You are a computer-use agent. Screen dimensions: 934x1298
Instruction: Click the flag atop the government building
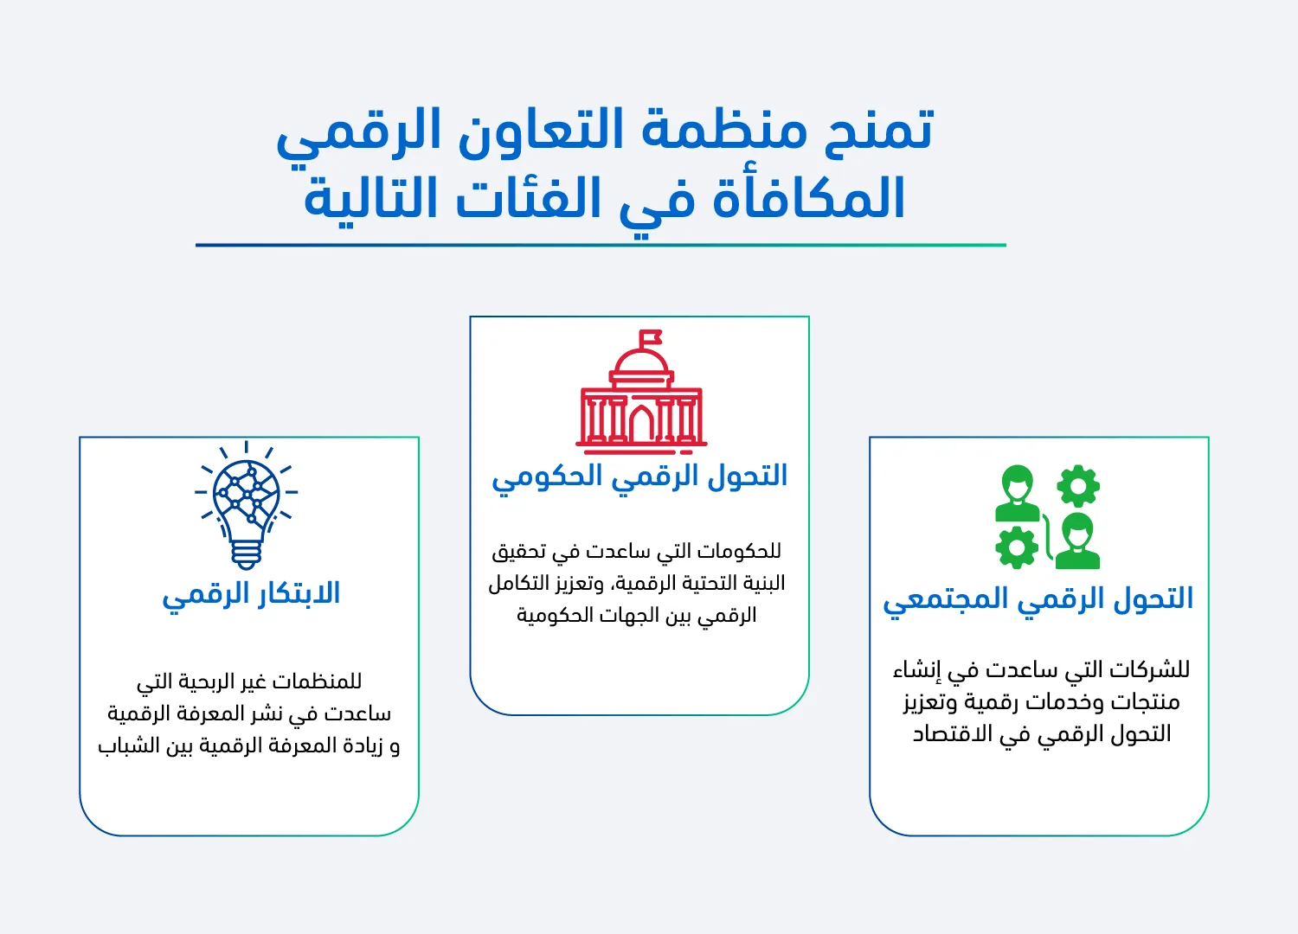coord(651,336)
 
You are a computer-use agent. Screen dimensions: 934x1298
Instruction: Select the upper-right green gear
coord(1078,486)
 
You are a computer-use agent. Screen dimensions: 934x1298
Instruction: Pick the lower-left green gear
coord(1017,547)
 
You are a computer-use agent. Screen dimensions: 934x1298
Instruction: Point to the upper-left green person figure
coord(1017,493)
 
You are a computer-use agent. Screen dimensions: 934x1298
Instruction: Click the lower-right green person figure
coord(1077,541)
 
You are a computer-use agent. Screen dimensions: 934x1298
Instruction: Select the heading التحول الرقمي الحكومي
coord(639,477)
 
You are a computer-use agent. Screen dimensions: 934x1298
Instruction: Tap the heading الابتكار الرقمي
coord(251,594)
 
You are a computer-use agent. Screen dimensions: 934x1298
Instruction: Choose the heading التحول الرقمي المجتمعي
coord(1038,599)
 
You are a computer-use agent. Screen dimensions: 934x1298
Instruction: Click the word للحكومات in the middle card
coord(739,551)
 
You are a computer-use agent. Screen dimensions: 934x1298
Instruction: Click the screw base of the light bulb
coord(247,553)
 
